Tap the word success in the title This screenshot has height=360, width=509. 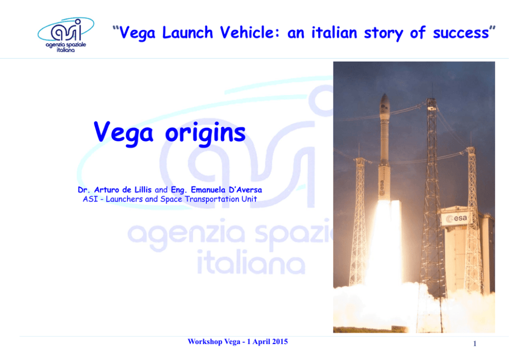point(461,33)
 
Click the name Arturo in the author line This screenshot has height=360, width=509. point(107,190)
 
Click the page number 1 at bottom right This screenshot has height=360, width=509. point(475,344)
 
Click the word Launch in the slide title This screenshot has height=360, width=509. point(188,32)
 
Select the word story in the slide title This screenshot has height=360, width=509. point(383,33)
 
